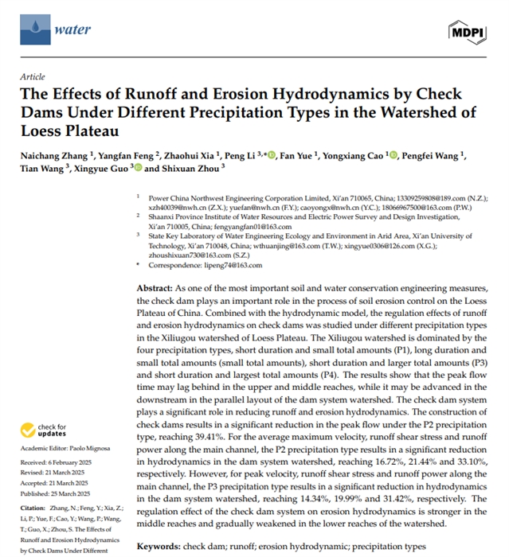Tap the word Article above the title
click(x=33, y=76)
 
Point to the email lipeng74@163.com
click(x=219, y=264)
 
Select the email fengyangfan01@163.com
click(x=229, y=226)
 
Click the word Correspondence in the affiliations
click(x=171, y=264)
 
